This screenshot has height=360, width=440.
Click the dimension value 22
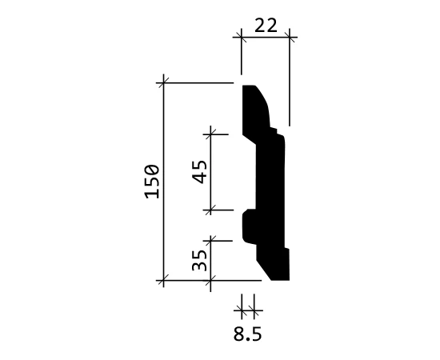coord(266,26)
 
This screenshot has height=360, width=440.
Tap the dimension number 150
coord(152,182)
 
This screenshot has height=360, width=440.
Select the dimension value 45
coord(200,172)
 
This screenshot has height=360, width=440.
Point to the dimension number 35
coord(199,260)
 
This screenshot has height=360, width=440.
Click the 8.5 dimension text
coord(247,334)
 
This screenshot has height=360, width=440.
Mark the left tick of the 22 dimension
coord(242,37)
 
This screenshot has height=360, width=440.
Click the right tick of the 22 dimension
coord(290,37)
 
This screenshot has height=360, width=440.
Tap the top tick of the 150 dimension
coord(163,83)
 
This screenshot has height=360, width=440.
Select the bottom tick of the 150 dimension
coord(163,280)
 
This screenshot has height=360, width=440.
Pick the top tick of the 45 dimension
coord(210,134)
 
